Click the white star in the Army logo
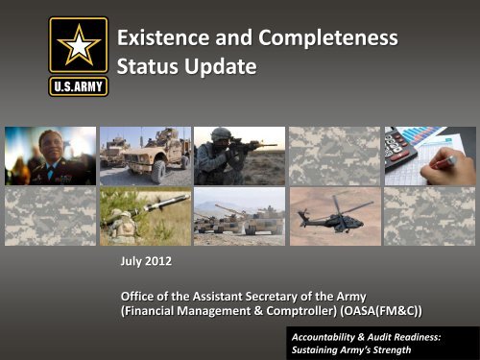pyautogui.click(x=80, y=45)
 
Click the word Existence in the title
pyautogui.click(x=160, y=40)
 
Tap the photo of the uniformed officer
pyautogui.click(x=50, y=155)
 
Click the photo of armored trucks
pyautogui.click(x=144, y=155)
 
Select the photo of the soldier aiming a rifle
pyautogui.click(x=238, y=155)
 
